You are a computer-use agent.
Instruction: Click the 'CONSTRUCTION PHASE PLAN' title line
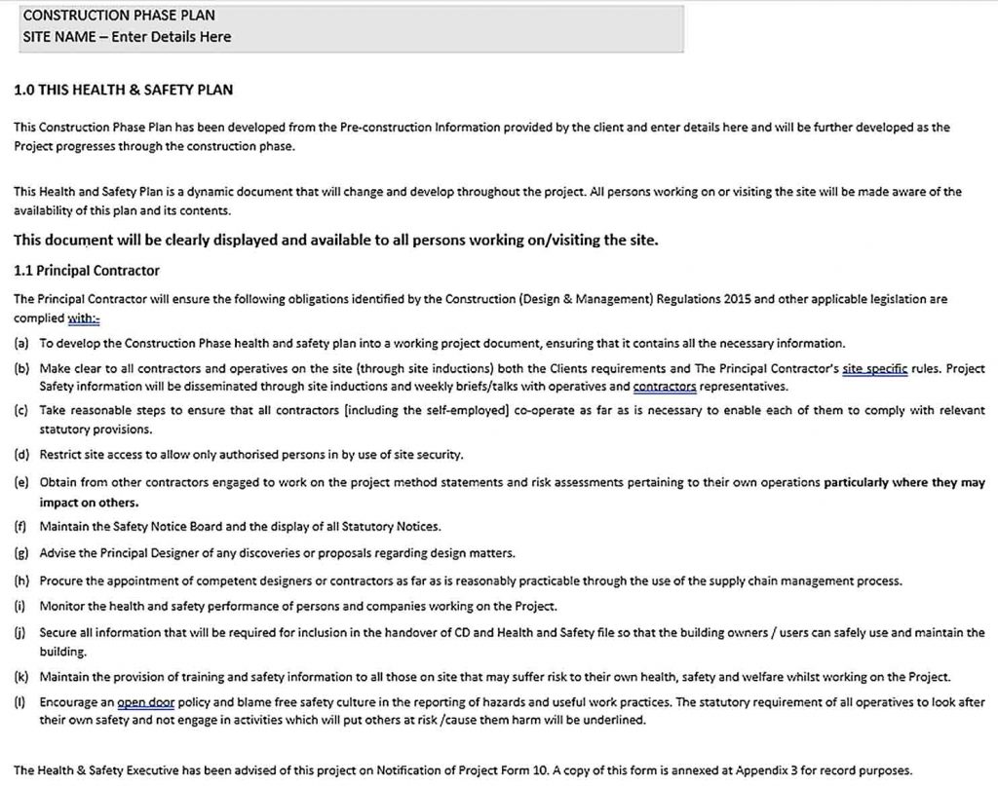pyautogui.click(x=118, y=16)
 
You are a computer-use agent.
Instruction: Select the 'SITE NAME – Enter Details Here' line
pyautogui.click(x=127, y=37)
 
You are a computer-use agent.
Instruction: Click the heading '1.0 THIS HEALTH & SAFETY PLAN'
pyautogui.click(x=123, y=91)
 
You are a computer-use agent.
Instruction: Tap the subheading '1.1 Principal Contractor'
pyautogui.click(x=87, y=270)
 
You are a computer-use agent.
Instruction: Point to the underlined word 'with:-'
pyautogui.click(x=84, y=318)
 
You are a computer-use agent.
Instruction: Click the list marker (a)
pyautogui.click(x=20, y=344)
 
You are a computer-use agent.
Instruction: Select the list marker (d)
pyautogui.click(x=20, y=454)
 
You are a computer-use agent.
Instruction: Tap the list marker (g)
pyautogui.click(x=20, y=553)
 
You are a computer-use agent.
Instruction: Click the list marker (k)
pyautogui.click(x=20, y=677)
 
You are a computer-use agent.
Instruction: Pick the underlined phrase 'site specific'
pyautogui.click(x=875, y=369)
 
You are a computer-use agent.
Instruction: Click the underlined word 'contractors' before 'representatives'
pyautogui.click(x=665, y=387)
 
